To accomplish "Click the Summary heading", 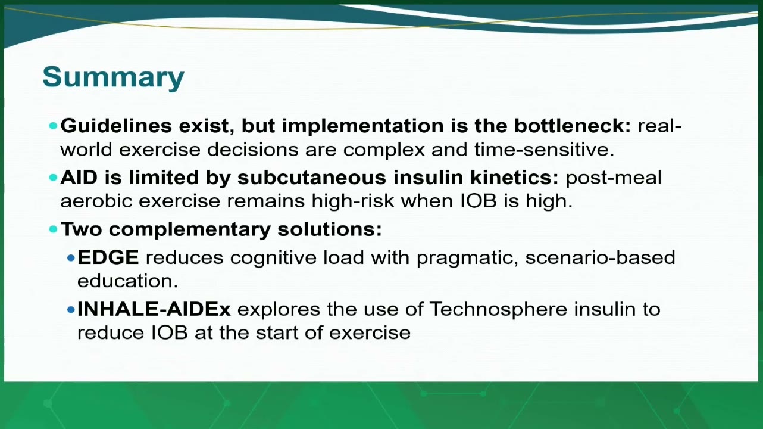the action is [113, 77].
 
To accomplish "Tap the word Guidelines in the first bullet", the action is [116, 126].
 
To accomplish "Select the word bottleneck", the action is [573, 126].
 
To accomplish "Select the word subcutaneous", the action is [312, 178].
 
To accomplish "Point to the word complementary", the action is [190, 230].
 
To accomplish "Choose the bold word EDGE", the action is [108, 257].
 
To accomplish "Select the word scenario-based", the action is [600, 257].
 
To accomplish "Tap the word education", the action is [127, 281].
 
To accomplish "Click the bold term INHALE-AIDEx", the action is [154, 309].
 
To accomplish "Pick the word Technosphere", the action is [498, 310].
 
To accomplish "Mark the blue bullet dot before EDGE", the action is [71, 258].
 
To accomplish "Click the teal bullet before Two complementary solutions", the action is [54, 229].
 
